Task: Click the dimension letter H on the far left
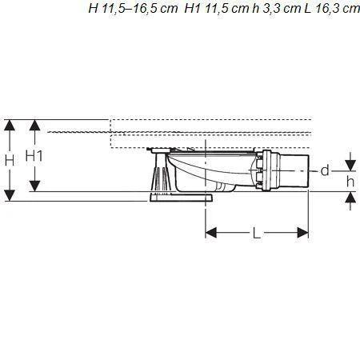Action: click(9, 160)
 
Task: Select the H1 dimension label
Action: click(34, 155)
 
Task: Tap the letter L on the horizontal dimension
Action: click(257, 233)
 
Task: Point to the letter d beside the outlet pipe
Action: click(325, 170)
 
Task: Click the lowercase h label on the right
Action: click(350, 181)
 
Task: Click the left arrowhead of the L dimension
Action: click(210, 233)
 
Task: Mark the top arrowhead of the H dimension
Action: click(9, 124)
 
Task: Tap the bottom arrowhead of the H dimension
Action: click(9, 195)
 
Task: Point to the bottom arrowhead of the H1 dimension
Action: click(34, 186)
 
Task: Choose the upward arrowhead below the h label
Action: click(350, 197)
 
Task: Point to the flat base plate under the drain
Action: click(180, 198)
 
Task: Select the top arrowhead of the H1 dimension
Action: click(34, 124)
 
